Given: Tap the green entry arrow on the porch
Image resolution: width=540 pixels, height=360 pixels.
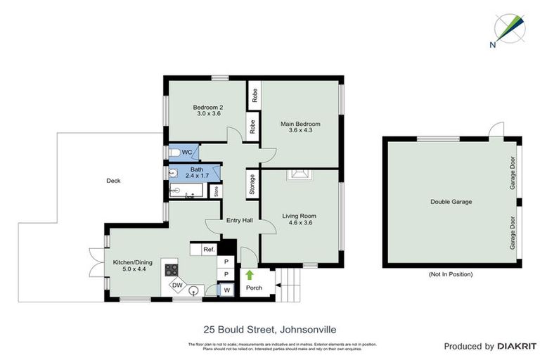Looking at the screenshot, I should (249, 275).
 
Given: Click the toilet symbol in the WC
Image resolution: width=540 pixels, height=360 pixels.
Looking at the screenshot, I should (174, 153).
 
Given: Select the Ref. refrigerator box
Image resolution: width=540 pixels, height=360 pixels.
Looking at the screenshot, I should (208, 250).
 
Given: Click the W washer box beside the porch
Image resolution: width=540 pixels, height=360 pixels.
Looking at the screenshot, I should (226, 290).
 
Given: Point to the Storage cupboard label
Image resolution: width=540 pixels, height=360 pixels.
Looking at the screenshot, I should (252, 186).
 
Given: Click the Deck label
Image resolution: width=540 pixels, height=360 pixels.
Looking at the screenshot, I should (113, 181).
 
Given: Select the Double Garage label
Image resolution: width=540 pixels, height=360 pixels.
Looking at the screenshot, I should (451, 202).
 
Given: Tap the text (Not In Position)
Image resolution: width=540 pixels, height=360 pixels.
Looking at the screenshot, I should (450, 274).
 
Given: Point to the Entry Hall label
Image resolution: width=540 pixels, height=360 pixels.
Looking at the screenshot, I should (239, 221).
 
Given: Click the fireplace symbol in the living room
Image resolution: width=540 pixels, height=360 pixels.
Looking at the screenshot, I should (300, 176).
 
